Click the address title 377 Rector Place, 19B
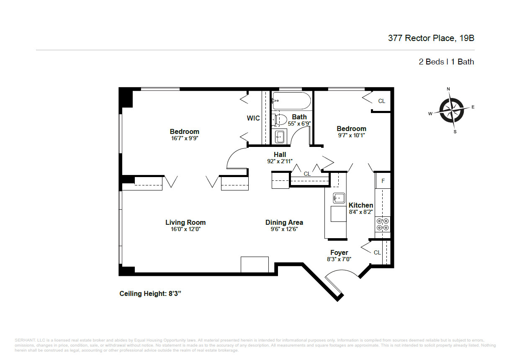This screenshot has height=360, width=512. click(x=431, y=39)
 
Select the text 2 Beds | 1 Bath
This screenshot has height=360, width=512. click(x=446, y=62)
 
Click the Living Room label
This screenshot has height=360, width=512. click(x=185, y=222)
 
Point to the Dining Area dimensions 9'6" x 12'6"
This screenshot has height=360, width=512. click(x=284, y=229)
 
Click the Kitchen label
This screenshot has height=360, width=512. click(x=360, y=205)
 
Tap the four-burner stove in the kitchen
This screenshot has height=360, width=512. click(x=382, y=224)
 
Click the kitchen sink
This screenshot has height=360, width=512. click(x=338, y=198)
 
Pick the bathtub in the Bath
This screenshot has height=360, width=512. click(x=291, y=101)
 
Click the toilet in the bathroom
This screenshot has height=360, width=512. click(x=278, y=120)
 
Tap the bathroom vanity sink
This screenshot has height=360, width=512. click(x=280, y=136)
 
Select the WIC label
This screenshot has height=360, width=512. click(x=253, y=118)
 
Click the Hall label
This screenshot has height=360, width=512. click(x=280, y=154)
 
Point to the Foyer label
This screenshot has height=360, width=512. click(x=339, y=252)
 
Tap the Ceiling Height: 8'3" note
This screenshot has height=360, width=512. click(x=150, y=293)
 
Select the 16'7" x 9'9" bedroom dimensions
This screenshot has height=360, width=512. click(x=184, y=138)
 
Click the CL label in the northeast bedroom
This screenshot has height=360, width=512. click(x=381, y=101)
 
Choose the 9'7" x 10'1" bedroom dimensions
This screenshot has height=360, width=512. click(x=351, y=135)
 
